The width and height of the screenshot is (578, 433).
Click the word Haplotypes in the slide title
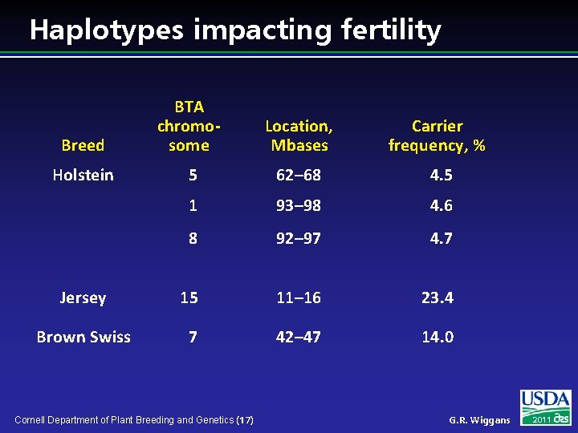click(106, 30)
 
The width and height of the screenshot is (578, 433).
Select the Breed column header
click(83, 145)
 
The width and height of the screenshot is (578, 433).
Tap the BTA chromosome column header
click(189, 126)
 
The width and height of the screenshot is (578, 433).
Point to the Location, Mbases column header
click(299, 136)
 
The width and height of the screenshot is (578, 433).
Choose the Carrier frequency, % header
click(437, 136)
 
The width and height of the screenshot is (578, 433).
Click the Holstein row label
click(83, 175)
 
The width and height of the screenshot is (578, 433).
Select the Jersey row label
click(83, 297)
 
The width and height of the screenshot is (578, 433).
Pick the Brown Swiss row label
click(83, 337)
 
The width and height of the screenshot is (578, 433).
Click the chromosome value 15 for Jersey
click(189, 297)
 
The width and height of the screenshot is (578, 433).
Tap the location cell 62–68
click(299, 175)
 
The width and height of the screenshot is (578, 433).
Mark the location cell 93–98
click(299, 205)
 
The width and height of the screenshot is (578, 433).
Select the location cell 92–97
click(299, 237)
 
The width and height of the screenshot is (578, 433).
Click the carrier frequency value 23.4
click(438, 297)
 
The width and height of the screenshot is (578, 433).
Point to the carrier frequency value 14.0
click(438, 337)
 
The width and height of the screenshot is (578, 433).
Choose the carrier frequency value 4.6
click(441, 205)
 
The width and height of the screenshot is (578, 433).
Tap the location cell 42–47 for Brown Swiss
click(299, 337)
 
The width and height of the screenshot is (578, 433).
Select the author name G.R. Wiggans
click(479, 420)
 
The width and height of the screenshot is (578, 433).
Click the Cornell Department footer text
click(134, 419)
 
